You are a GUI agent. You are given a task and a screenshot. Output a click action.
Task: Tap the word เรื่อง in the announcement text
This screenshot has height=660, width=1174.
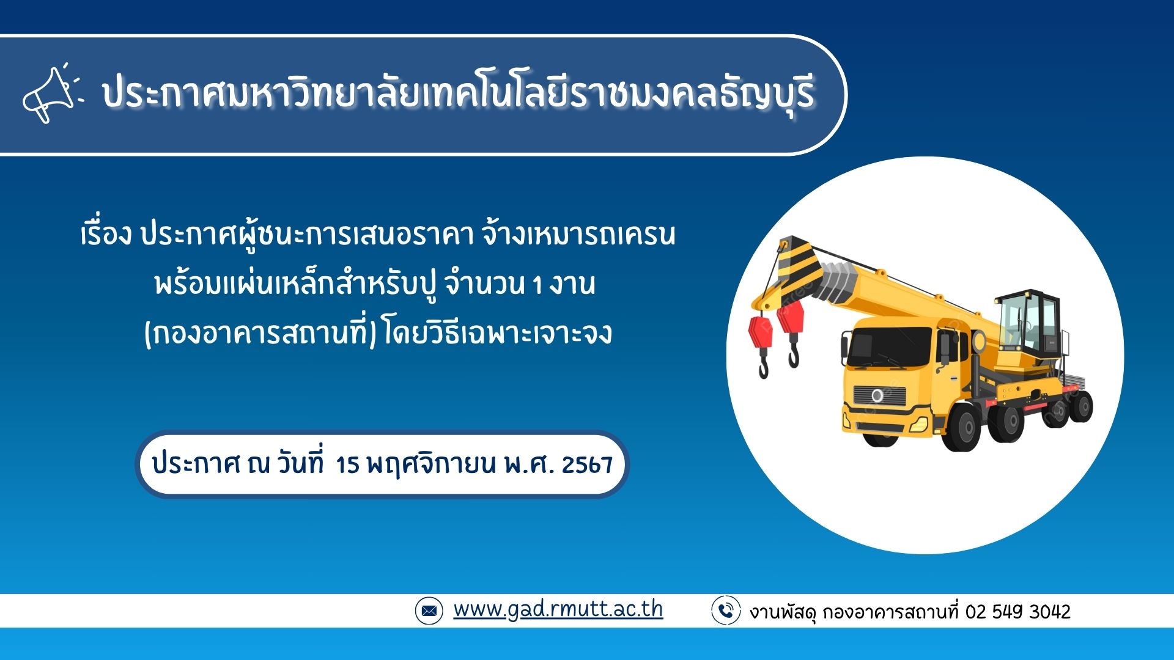coord(106,234)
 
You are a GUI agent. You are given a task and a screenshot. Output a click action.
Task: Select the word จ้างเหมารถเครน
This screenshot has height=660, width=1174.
coord(578,234)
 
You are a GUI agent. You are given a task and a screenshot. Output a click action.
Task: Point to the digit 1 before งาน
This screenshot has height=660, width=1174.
coord(537,285)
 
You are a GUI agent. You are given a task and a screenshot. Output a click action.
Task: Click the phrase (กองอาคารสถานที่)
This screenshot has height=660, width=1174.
coord(260,333)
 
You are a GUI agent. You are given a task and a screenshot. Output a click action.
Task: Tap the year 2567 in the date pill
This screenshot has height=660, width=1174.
coord(587,465)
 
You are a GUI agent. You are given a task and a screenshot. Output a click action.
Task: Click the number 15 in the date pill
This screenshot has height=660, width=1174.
coord(347,465)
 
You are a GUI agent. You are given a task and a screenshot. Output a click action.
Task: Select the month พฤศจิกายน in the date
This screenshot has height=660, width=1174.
coord(431,465)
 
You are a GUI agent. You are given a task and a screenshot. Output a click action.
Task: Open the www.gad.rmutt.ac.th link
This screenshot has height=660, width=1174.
coord(558,609)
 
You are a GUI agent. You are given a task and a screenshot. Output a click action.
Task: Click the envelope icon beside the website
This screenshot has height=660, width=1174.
coord(429,610)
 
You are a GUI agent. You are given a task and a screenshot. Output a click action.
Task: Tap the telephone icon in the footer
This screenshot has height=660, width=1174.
coord(726,610)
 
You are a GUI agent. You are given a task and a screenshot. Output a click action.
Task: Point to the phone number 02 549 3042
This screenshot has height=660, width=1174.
coord(1018,612)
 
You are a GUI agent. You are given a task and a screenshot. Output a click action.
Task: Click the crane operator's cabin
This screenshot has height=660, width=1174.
coord(1029,324)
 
